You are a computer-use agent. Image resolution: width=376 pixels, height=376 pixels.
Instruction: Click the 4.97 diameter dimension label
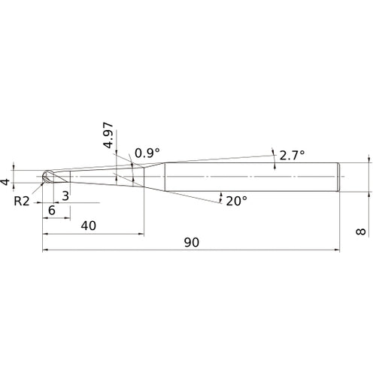click(x=108, y=135)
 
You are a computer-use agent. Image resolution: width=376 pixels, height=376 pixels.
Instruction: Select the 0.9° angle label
click(x=147, y=153)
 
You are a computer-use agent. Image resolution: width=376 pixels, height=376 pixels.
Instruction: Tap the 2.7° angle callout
click(x=292, y=156)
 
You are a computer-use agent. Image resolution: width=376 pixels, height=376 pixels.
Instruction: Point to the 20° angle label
click(x=236, y=201)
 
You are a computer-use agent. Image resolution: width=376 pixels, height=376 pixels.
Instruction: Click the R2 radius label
click(x=22, y=201)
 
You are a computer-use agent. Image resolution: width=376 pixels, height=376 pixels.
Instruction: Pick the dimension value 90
click(x=192, y=242)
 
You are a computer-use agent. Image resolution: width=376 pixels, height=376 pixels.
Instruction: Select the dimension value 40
click(x=88, y=226)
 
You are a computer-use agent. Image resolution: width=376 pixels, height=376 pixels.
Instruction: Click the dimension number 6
click(x=52, y=210)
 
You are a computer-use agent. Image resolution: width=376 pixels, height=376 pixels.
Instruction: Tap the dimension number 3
click(x=65, y=196)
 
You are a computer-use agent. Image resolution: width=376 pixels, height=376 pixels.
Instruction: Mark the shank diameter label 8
click(x=361, y=232)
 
